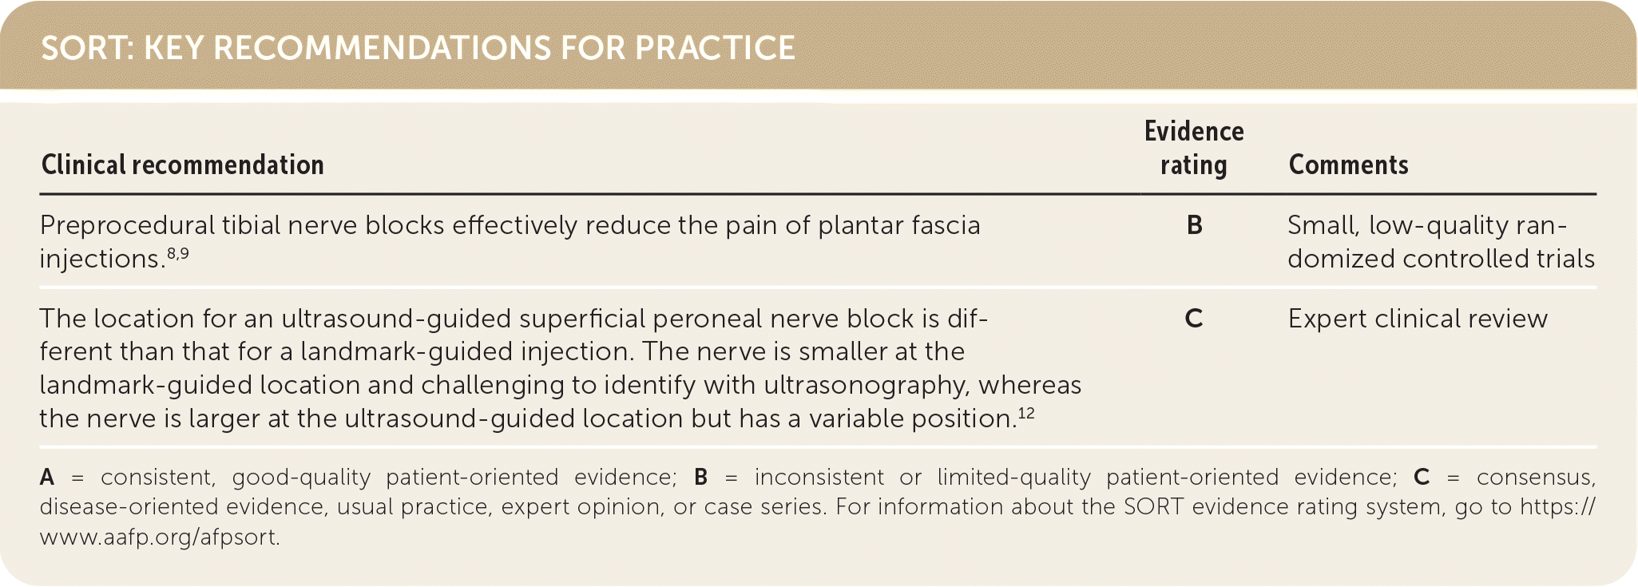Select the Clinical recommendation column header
(x=183, y=165)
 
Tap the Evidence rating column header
(x=1194, y=148)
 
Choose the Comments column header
(x=1348, y=165)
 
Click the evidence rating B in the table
(x=1195, y=225)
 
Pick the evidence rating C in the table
(x=1194, y=319)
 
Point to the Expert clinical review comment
(x=1418, y=319)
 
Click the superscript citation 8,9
(x=178, y=253)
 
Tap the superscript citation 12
(x=1025, y=413)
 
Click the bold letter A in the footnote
(x=48, y=478)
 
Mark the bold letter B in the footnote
(x=701, y=478)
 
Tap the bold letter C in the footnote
(x=1422, y=478)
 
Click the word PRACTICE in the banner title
(x=715, y=48)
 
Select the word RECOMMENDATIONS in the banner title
(x=382, y=48)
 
